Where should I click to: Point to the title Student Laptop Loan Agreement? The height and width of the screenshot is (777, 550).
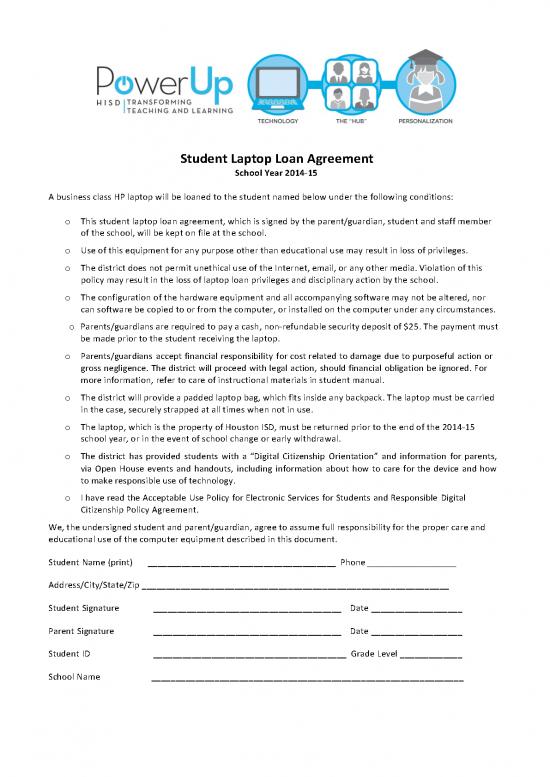pos(275,158)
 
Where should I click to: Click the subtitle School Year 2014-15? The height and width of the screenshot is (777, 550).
pos(275,173)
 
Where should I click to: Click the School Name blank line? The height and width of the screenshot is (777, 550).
pos(306,679)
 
